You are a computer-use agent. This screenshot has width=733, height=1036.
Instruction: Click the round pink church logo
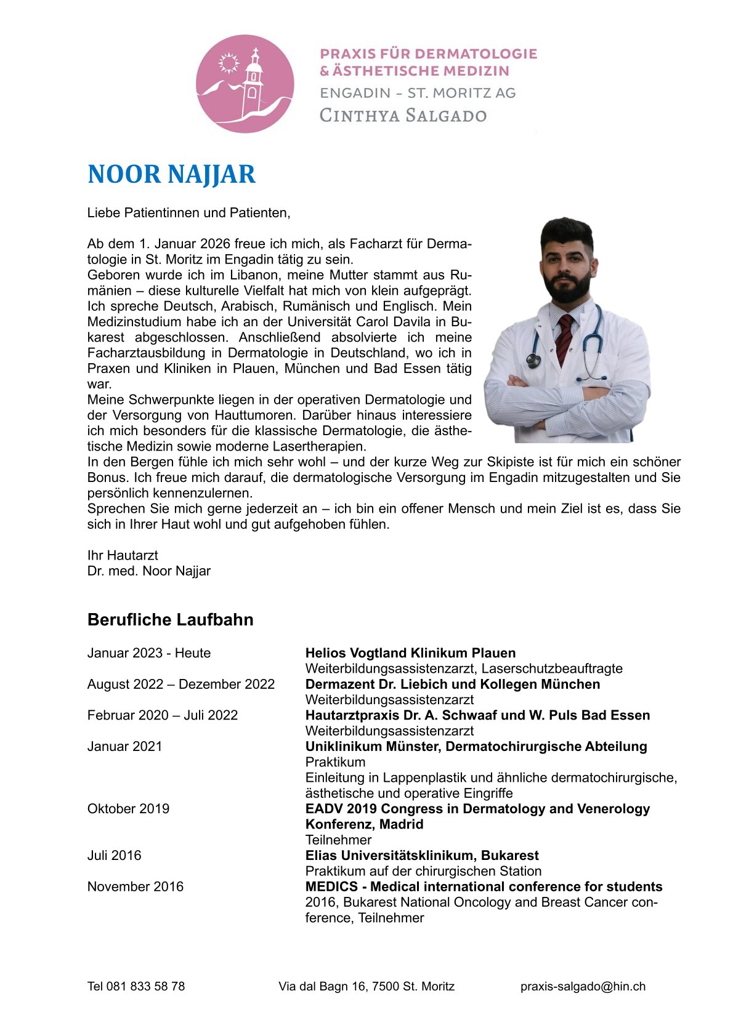[245, 84]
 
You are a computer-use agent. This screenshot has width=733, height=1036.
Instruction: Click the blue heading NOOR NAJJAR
[171, 174]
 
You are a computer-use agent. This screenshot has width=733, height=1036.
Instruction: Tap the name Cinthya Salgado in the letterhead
[403, 115]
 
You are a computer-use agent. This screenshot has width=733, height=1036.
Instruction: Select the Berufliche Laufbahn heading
[170, 619]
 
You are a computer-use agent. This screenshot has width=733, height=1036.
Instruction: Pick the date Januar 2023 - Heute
[149, 653]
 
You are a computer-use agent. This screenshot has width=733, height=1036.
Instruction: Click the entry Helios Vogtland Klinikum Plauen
[410, 653]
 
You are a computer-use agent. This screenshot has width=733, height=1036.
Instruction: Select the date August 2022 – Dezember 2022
[181, 685]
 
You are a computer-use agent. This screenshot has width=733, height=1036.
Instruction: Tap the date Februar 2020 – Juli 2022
[163, 715]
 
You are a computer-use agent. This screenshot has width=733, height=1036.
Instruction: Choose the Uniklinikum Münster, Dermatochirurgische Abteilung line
[476, 747]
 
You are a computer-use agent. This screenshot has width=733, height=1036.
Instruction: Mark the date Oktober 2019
[128, 809]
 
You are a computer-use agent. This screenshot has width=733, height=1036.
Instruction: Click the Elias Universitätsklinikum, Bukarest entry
[422, 856]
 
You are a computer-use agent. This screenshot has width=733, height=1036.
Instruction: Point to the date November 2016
[136, 886]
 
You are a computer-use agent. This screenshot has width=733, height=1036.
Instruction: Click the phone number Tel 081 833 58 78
[136, 986]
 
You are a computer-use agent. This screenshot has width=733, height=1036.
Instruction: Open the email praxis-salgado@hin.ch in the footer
[583, 986]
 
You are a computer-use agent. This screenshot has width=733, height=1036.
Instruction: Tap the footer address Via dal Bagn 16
[366, 986]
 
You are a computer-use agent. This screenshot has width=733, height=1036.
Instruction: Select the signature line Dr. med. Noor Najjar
[149, 571]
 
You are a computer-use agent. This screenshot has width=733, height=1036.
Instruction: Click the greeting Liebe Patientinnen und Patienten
[188, 213]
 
